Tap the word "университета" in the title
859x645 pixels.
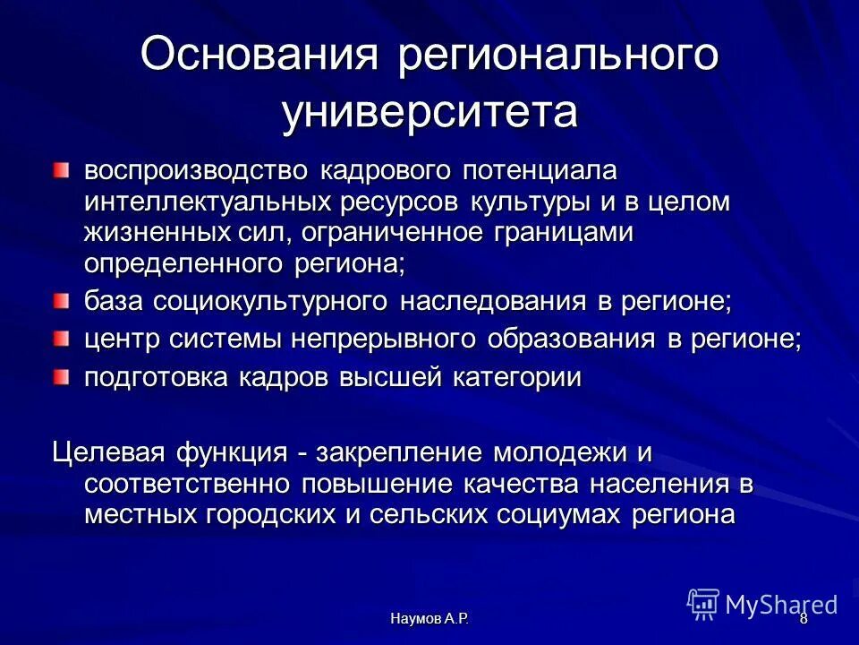429,115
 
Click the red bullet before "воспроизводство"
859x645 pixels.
60,169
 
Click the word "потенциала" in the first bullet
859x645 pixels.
532,170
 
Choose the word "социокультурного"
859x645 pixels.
273,303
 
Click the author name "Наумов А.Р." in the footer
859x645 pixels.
429,619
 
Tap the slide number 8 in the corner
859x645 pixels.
803,619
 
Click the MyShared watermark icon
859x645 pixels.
703,604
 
